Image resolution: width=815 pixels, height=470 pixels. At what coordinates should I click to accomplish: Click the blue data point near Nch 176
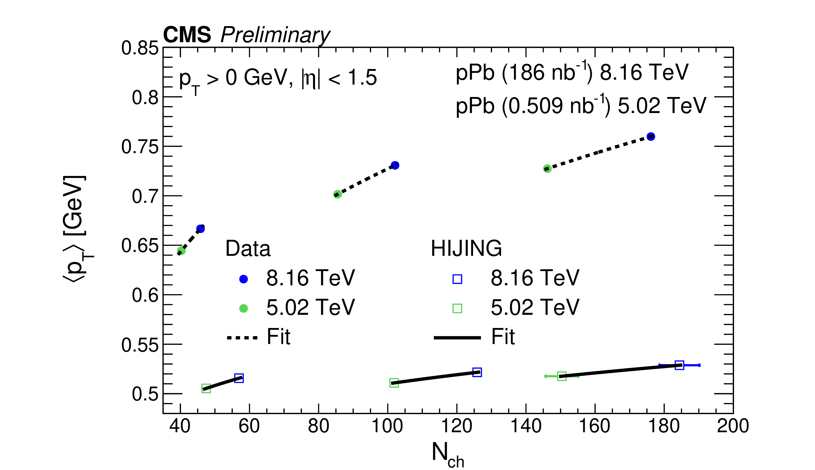tap(651, 137)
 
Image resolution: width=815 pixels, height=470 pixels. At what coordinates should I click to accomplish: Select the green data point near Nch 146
tap(547, 168)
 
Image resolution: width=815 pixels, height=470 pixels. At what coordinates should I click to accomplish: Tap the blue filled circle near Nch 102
tap(395, 165)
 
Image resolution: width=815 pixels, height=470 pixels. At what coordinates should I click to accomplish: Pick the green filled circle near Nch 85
tap(337, 194)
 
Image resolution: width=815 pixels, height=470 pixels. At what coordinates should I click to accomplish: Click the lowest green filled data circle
tap(181, 251)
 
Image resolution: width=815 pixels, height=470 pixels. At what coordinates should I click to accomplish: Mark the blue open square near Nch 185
tap(679, 365)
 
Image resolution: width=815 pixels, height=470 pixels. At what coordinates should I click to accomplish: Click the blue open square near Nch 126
tap(477, 372)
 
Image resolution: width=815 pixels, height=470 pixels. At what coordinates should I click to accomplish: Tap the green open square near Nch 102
tap(394, 383)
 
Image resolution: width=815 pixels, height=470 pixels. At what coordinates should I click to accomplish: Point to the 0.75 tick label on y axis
tap(140, 147)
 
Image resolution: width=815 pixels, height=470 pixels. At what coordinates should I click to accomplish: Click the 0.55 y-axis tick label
tap(140, 345)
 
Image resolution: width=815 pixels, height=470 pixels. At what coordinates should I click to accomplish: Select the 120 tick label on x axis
tap(457, 426)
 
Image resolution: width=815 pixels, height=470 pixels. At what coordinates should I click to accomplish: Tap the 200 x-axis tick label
tap(733, 426)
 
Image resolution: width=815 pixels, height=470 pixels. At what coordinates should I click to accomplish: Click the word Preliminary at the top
tap(275, 35)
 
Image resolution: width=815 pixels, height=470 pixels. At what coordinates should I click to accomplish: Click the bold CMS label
tap(187, 35)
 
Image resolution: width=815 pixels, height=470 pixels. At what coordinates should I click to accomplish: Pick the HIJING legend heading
tap(466, 248)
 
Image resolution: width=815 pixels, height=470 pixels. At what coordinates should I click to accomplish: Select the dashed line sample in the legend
tap(242, 338)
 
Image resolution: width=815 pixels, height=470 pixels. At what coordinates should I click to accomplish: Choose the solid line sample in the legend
tap(457, 338)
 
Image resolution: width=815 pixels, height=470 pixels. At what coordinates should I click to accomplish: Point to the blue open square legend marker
tap(457, 279)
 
